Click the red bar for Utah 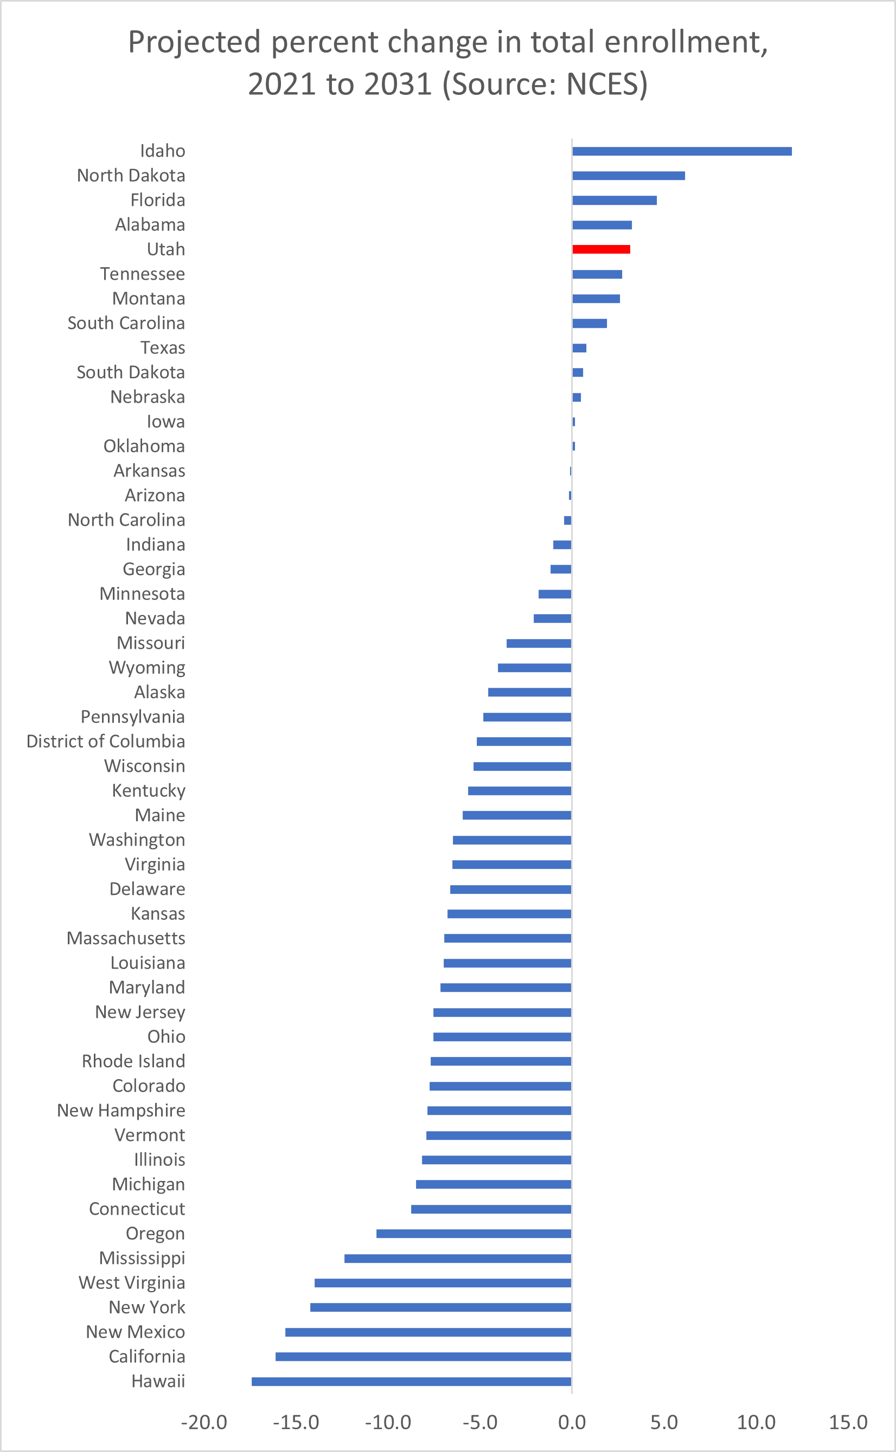(x=601, y=249)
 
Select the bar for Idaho (x=681, y=151)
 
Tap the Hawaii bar (x=411, y=1382)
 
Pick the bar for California (x=423, y=1357)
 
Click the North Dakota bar (x=628, y=175)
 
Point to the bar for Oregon (x=473, y=1234)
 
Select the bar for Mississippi (x=457, y=1259)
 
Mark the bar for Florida (x=614, y=200)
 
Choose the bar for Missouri (x=539, y=643)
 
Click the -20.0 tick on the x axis (x=204, y=1422)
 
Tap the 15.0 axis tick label (x=848, y=1422)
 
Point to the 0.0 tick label (x=572, y=1422)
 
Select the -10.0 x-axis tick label (x=388, y=1422)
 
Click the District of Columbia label (x=105, y=741)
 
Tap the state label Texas (x=162, y=347)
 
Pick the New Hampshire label (x=121, y=1111)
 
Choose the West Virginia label (x=132, y=1283)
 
